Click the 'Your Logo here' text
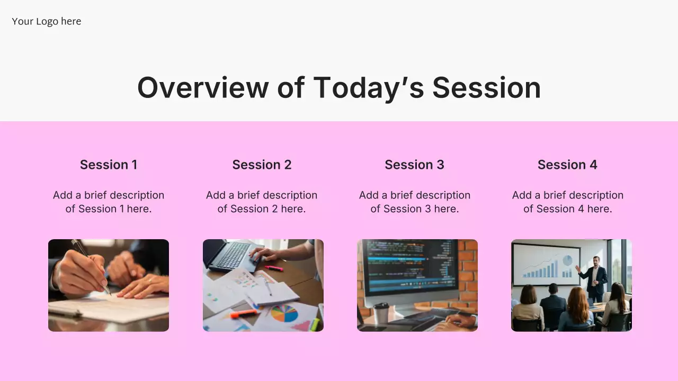(x=46, y=22)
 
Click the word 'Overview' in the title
(x=203, y=88)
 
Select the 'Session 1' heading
(x=109, y=165)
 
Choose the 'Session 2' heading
(x=262, y=165)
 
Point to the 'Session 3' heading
(x=414, y=165)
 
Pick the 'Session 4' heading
(x=567, y=165)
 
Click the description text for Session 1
(x=109, y=202)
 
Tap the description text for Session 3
(x=415, y=202)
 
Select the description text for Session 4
(x=568, y=202)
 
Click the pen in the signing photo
(x=91, y=267)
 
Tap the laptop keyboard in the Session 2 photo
(x=233, y=256)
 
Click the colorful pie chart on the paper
(x=284, y=314)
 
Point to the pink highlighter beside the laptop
(x=274, y=268)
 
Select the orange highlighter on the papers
(x=244, y=314)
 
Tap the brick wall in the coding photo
(x=468, y=272)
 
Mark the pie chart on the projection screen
(x=567, y=260)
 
